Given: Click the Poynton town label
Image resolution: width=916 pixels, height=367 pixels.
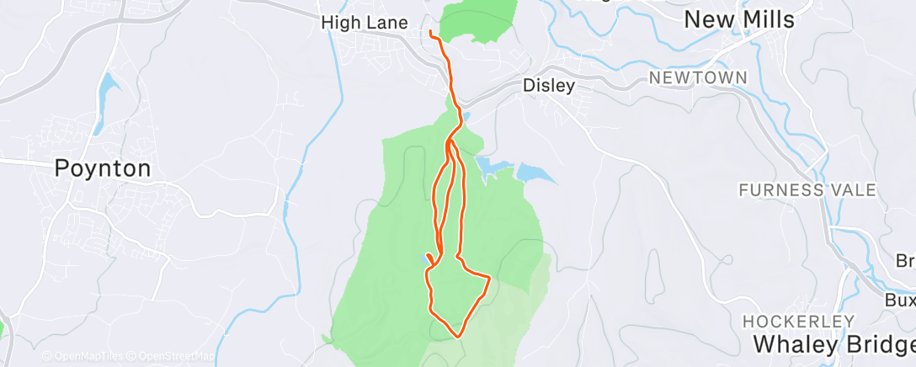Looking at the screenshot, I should [103, 168].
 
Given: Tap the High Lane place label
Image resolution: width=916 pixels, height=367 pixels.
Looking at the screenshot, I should [365, 24].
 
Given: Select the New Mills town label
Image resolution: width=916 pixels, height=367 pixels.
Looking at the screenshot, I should [738, 20].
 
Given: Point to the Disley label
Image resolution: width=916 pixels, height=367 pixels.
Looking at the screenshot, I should [548, 85].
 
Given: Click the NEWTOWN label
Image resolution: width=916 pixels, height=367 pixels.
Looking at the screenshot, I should [698, 77].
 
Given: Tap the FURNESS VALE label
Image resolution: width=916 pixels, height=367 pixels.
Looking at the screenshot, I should [807, 190].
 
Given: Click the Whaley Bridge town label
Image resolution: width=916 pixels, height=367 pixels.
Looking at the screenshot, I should [833, 344].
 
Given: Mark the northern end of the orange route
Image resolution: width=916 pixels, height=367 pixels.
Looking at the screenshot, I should [430, 33].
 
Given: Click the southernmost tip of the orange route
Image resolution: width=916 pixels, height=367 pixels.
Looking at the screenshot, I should [458, 337].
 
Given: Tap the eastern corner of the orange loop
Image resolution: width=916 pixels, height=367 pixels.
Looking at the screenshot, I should [489, 276].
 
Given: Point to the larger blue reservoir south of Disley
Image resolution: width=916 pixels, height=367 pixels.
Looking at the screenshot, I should [535, 173].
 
